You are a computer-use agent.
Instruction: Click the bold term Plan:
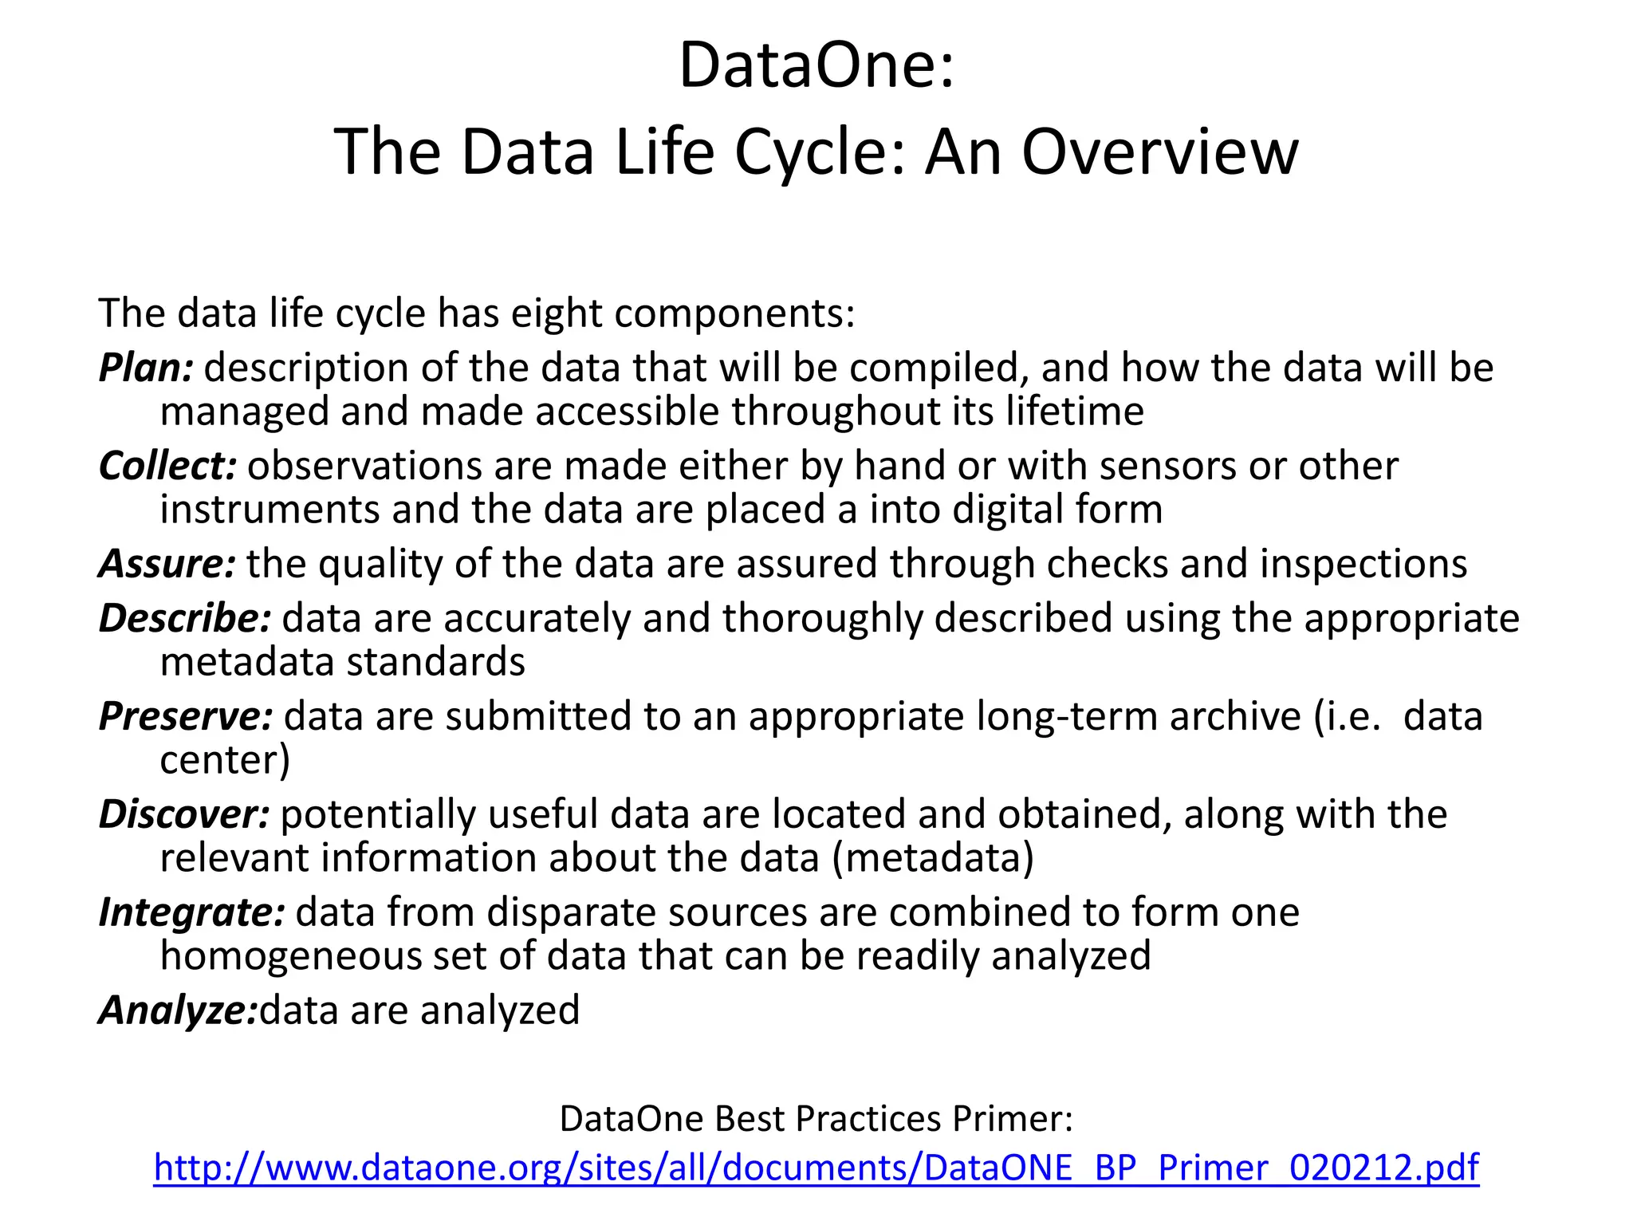pyautogui.click(x=146, y=368)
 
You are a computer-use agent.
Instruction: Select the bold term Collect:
pyautogui.click(x=167, y=467)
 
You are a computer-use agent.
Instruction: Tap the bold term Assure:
pyautogui.click(x=167, y=564)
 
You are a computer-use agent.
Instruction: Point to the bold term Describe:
pyautogui.click(x=185, y=619)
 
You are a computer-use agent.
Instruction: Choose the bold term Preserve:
pyautogui.click(x=186, y=716)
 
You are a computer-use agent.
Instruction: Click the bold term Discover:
pyautogui.click(x=184, y=814)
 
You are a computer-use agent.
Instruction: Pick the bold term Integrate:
pyautogui.click(x=191, y=912)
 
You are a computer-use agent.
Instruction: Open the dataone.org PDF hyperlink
pyautogui.click(x=816, y=1168)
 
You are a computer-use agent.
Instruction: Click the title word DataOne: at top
pyautogui.click(x=816, y=65)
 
